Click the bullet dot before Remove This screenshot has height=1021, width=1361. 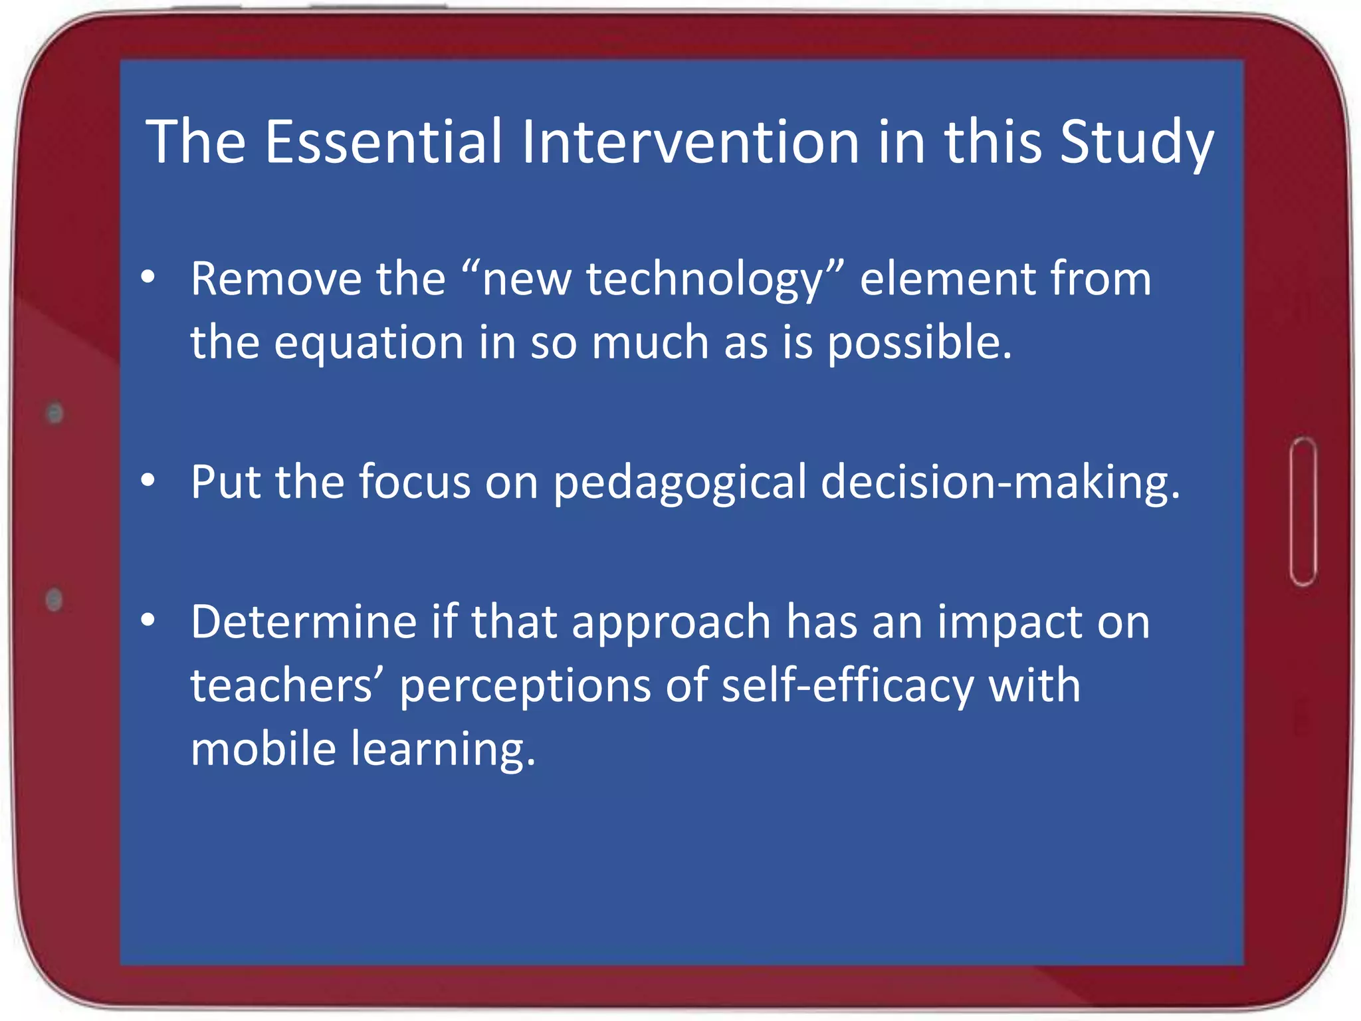coord(148,278)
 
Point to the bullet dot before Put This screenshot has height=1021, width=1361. coord(148,481)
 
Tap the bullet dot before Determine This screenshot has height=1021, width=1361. coord(148,621)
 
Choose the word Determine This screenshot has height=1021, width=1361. coord(303,622)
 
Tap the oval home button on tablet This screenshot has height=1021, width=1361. coord(1303,512)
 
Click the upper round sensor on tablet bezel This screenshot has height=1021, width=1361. coord(55,413)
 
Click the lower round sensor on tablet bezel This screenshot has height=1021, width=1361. coord(54,600)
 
